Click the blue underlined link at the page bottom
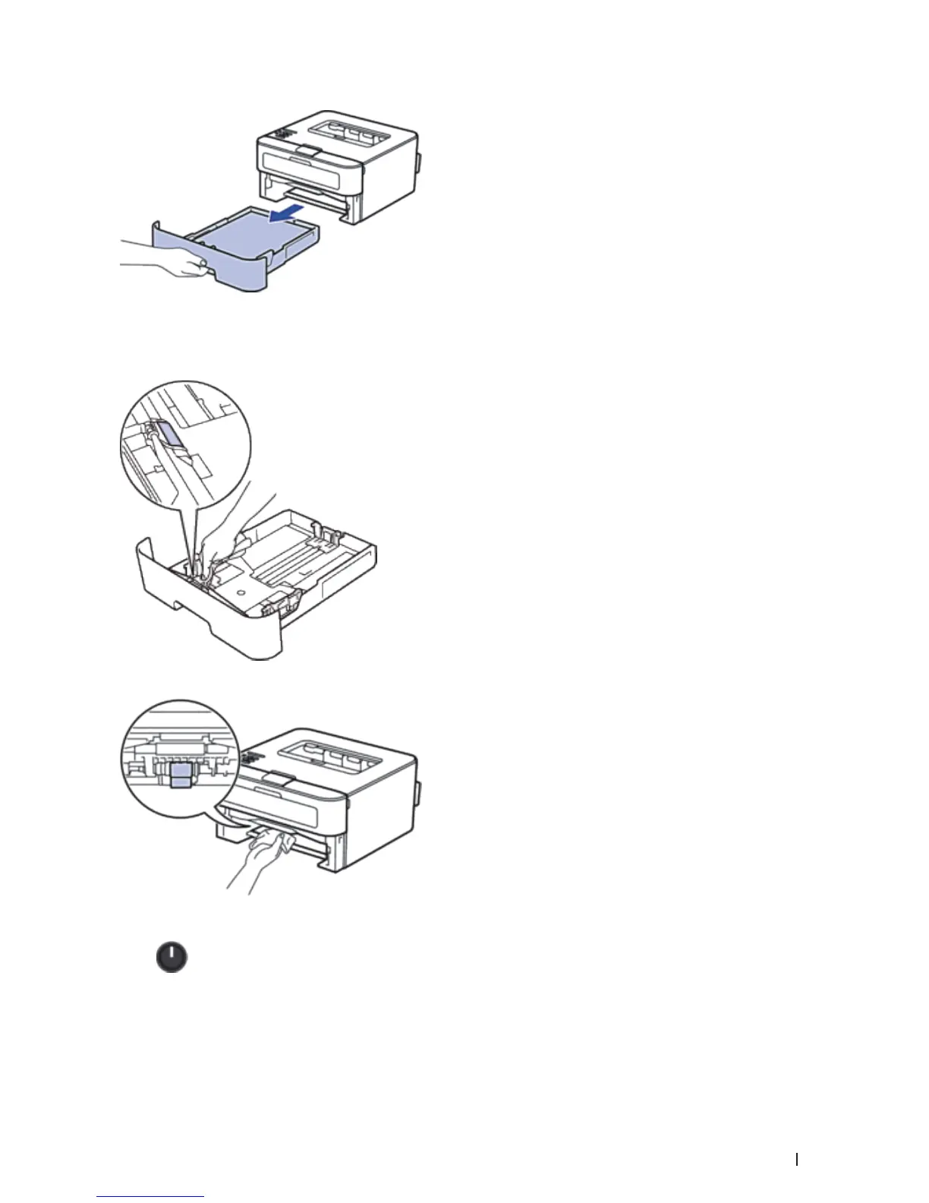151,1196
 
